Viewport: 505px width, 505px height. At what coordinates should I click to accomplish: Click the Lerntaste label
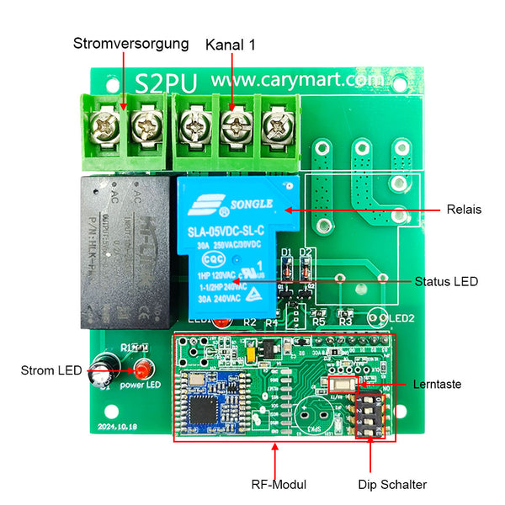437,384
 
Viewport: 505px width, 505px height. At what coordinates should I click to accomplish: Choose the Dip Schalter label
391,484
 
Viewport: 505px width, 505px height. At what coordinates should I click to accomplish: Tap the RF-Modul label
279,484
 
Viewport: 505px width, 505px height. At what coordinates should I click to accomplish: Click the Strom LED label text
50,370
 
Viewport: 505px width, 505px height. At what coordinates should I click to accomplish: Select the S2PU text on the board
166,82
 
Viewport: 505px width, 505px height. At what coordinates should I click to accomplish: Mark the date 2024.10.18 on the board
118,426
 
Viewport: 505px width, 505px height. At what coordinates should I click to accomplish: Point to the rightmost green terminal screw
274,129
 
